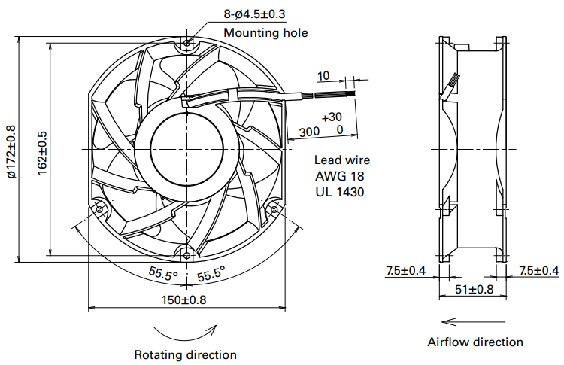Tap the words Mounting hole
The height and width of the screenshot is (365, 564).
pos(265,32)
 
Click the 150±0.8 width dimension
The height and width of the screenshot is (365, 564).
pos(185,300)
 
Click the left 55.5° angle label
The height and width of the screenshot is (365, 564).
pos(162,275)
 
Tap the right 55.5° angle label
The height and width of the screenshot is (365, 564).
pos(211,275)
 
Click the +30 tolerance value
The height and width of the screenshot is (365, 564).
pos(332,117)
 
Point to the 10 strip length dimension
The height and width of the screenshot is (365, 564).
pos(323,76)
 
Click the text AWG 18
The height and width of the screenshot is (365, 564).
pos(341,176)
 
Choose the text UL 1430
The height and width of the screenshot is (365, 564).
pos(341,192)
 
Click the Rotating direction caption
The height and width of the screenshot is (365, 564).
pos(185,354)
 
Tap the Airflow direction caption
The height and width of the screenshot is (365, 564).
pos(475,342)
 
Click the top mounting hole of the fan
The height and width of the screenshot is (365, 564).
pos(187,43)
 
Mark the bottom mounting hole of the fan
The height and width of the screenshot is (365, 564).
pos(187,254)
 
